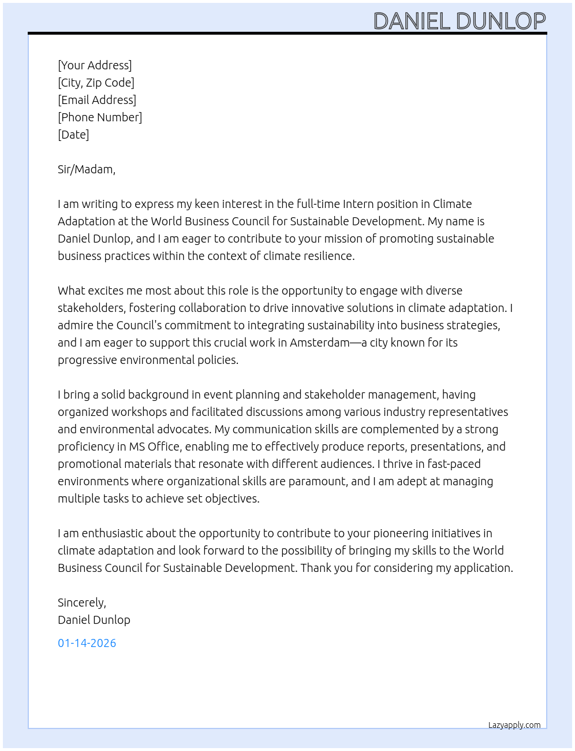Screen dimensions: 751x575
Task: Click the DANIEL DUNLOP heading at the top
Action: point(460,21)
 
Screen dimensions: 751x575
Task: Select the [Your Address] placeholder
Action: point(95,65)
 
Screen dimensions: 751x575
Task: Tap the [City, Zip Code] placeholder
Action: point(96,83)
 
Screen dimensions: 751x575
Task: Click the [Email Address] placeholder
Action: point(97,100)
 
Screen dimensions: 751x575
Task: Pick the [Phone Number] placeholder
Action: point(100,117)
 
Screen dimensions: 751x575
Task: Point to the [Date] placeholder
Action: point(73,135)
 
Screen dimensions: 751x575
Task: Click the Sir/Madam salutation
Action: point(87,169)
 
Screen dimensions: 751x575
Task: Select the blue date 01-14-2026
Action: point(87,643)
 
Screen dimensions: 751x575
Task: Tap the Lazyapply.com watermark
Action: point(514,725)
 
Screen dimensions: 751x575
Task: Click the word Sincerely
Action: point(81,603)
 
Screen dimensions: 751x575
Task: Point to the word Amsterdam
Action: point(319,343)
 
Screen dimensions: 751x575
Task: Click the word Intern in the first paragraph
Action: point(358,204)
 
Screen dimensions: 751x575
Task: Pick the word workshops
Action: point(139,412)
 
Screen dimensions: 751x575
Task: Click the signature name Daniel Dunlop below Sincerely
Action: point(94,620)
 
